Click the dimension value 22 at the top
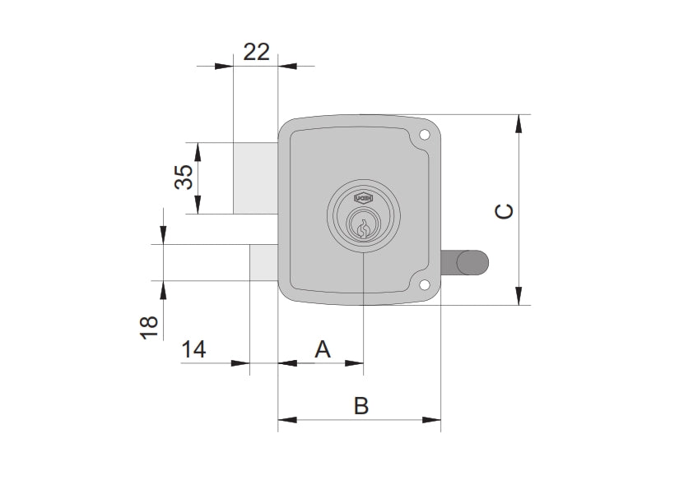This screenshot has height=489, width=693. [x=257, y=52]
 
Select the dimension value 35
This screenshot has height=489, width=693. [x=187, y=177]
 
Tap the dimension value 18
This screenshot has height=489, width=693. [x=149, y=328]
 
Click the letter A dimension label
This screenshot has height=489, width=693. [x=323, y=349]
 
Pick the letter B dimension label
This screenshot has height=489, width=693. [x=360, y=405]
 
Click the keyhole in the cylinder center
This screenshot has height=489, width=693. [x=362, y=228]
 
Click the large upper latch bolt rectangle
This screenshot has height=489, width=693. [x=255, y=178]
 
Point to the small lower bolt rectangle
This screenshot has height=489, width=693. [x=263, y=262]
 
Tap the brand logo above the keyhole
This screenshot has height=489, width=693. [x=362, y=198]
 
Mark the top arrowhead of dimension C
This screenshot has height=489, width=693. [x=519, y=122]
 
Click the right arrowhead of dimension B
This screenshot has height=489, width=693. [x=433, y=420]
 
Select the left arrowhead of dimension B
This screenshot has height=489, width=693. [x=286, y=420]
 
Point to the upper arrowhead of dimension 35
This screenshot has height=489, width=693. [x=198, y=150]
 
